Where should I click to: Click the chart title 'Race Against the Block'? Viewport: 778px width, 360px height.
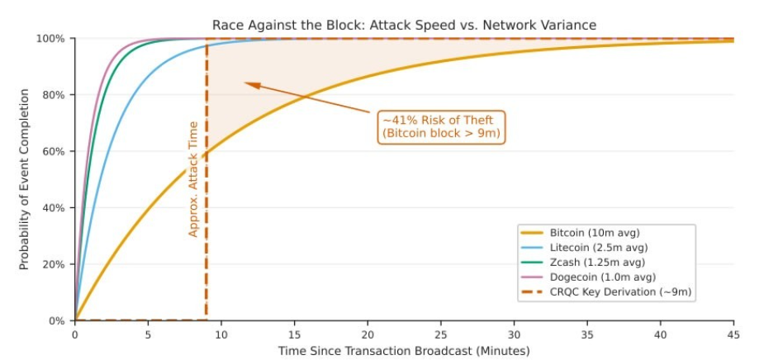pos(404,26)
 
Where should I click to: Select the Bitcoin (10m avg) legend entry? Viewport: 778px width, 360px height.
pos(594,233)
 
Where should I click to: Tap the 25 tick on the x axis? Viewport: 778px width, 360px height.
pos(441,335)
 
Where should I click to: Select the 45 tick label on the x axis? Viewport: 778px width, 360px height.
pos(733,335)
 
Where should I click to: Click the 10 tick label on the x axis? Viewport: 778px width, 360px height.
pos(221,335)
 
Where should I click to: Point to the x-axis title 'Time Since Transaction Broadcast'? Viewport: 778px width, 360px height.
pos(404,352)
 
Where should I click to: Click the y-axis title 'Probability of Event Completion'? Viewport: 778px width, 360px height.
pos(24,180)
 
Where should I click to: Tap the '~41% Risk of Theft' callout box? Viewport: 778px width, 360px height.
pos(441,126)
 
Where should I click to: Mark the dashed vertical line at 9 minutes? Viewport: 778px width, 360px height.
pos(206,206)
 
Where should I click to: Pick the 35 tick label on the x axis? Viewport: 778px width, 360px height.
pos(587,335)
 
